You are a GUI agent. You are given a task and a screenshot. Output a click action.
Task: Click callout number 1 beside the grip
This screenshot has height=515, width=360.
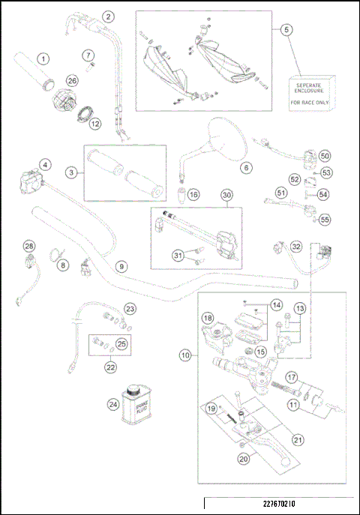(44, 58)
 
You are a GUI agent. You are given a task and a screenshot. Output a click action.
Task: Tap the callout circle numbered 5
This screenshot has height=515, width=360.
(286, 31)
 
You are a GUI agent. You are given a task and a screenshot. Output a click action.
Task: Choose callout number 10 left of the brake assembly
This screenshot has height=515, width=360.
(184, 355)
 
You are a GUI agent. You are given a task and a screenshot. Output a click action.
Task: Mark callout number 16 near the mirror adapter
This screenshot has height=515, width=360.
(193, 195)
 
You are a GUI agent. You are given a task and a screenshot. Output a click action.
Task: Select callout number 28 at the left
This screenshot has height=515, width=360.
(29, 247)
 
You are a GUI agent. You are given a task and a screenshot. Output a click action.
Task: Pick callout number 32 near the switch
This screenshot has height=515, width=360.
(296, 246)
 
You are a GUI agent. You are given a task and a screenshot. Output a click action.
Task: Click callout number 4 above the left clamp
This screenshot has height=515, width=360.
(46, 164)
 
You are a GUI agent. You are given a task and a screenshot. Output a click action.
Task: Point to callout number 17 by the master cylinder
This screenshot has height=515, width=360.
(291, 378)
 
